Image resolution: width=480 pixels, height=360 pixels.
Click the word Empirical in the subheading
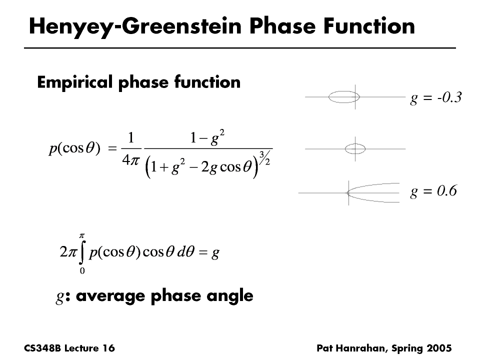tap(74, 82)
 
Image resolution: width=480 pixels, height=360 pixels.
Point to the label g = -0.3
tap(436, 97)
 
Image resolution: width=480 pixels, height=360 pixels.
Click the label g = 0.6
tap(433, 191)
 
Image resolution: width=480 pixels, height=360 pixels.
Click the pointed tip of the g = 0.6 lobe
tap(347, 193)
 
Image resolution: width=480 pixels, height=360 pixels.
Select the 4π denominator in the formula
tap(130, 160)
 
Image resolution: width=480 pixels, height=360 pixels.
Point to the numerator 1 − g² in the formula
tap(207, 138)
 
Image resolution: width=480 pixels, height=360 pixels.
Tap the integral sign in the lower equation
tap(81, 252)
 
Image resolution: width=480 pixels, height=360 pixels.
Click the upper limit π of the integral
tap(81, 235)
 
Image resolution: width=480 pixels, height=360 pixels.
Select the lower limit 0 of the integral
tap(82, 271)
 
